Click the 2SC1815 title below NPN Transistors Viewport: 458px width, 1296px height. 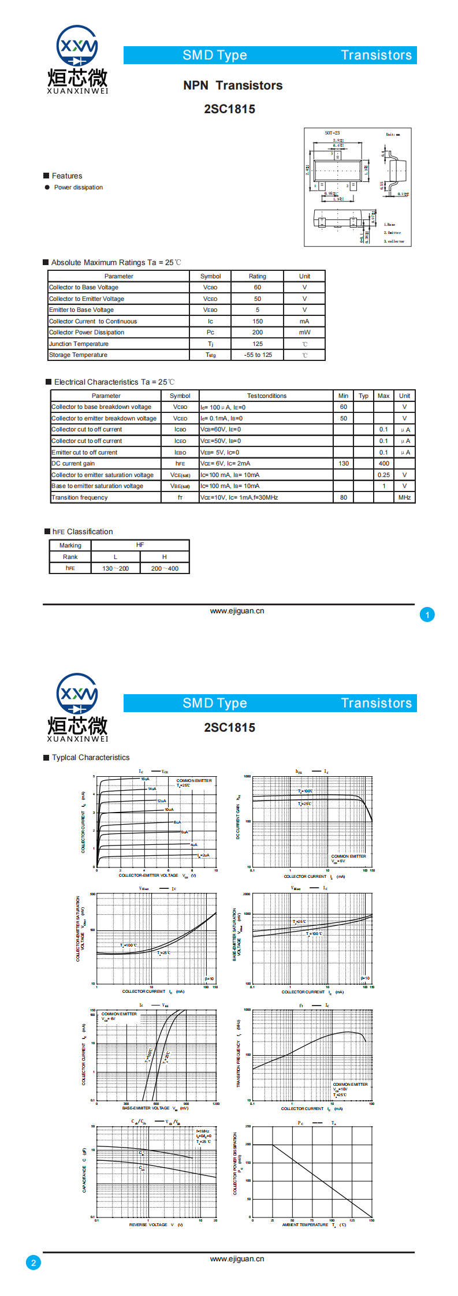point(229,109)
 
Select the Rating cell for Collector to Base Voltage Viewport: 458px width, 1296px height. point(257,287)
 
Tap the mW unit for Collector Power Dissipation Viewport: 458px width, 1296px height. point(304,332)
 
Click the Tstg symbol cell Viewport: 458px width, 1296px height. point(210,355)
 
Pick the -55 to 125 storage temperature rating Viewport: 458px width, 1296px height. point(258,355)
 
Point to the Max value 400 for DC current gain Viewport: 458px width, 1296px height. point(383,463)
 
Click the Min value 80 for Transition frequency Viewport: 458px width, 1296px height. point(344,497)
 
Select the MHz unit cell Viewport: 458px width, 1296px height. point(404,497)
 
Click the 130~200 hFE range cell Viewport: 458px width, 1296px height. point(116,568)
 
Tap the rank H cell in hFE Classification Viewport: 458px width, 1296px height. point(165,557)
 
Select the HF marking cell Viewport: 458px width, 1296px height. point(140,545)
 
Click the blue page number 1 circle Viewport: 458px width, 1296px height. point(427,615)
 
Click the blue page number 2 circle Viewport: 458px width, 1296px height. point(33,1263)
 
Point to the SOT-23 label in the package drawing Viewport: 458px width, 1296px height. point(332,133)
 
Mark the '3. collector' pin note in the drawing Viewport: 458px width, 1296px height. point(394,241)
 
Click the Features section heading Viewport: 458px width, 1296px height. point(67,176)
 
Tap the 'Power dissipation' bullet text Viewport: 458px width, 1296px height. point(79,187)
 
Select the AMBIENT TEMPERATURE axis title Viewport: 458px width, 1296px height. point(306,1224)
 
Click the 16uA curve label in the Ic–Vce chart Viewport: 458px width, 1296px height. point(145,779)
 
